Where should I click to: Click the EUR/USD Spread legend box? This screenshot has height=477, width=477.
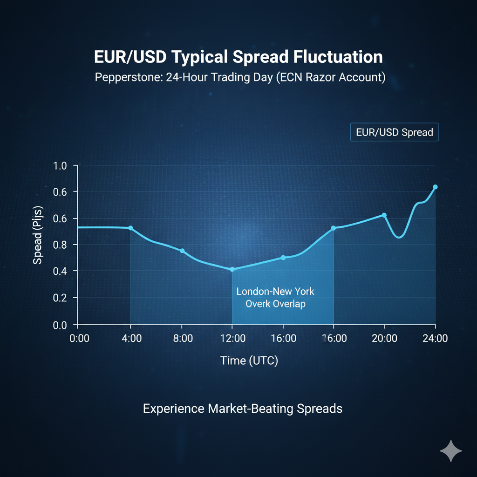(x=394, y=132)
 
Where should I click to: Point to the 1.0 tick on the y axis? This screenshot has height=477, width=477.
(x=61, y=166)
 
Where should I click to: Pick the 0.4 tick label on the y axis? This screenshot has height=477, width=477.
(x=61, y=271)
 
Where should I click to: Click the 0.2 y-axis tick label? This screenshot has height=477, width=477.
(x=61, y=298)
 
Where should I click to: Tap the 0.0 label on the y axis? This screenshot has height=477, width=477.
(x=61, y=325)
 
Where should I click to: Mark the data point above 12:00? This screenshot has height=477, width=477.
(x=232, y=269)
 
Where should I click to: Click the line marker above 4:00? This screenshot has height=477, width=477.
(x=130, y=228)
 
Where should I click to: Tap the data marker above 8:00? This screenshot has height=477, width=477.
(x=182, y=251)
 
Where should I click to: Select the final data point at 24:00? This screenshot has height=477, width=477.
(x=435, y=187)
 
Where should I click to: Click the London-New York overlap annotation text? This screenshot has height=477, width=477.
(x=275, y=298)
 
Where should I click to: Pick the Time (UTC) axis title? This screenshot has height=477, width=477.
(x=249, y=360)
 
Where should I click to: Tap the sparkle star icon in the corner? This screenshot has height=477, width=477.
(x=451, y=450)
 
